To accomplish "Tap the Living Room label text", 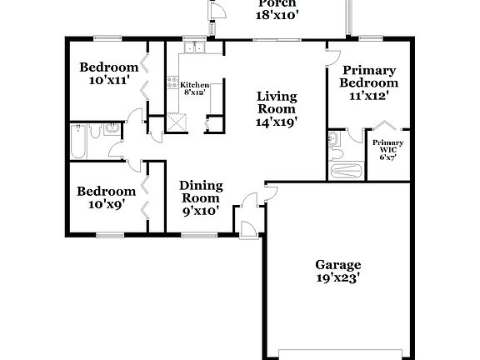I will [277, 101].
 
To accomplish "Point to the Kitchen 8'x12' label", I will [194, 88].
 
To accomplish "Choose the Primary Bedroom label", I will [368, 77].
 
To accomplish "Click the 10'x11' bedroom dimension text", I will [109, 82].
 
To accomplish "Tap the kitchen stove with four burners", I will [172, 83].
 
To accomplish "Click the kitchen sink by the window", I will [195, 48].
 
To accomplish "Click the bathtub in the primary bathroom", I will [346, 171].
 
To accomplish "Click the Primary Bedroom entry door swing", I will [334, 62].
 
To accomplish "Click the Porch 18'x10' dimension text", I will [277, 14].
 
